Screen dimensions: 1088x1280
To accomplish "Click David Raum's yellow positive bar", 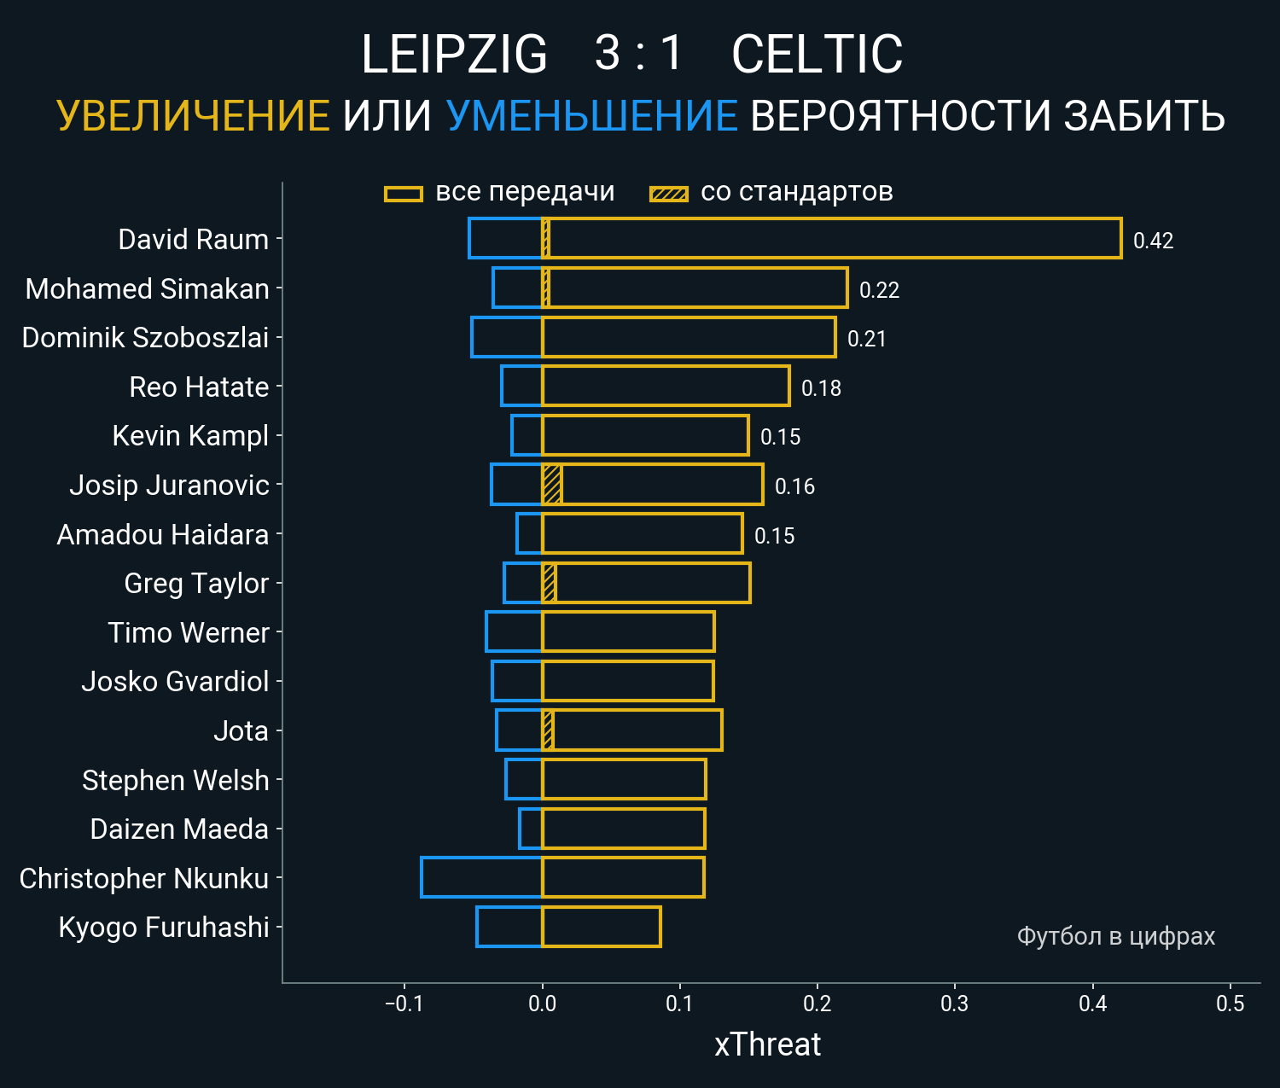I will tap(832, 238).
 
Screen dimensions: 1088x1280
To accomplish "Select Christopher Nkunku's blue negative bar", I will tap(482, 878).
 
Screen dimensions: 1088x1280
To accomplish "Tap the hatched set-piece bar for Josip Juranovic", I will tap(552, 485).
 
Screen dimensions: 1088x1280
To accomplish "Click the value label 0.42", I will tap(1153, 241).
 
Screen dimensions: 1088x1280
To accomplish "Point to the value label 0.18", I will tap(821, 388).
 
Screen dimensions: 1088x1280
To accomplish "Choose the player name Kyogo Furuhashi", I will tap(164, 928).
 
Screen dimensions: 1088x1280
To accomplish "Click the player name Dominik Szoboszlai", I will tap(145, 338).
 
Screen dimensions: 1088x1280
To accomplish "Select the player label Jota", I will tap(241, 731).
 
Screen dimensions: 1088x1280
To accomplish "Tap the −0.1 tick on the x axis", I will tap(404, 1004).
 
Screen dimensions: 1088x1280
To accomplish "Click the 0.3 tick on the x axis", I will tap(955, 1004).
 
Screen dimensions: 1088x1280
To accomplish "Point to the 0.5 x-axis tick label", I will tap(1230, 1004).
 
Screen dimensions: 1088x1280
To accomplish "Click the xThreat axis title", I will tap(767, 1044).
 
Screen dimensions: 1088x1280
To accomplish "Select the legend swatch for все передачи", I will tap(404, 194).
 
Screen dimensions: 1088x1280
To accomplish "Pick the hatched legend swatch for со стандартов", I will tap(669, 194).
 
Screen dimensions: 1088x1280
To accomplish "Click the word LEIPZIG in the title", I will tap(454, 55).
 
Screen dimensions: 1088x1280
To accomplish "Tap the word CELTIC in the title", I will tap(817, 55).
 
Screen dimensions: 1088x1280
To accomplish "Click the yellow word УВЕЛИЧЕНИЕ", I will tap(194, 116).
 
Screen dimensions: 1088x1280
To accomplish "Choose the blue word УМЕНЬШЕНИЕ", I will tap(591, 116).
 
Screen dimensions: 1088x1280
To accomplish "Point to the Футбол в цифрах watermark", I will tap(1115, 936).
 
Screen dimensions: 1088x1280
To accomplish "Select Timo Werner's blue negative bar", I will tap(515, 632).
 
